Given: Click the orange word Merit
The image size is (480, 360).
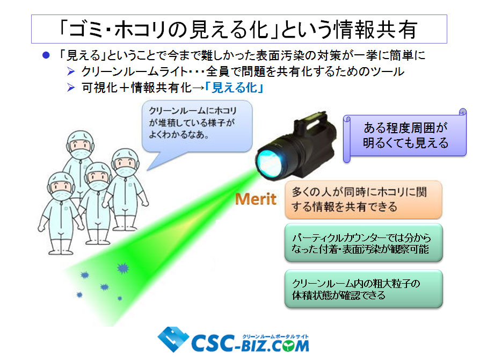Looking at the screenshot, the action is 256,199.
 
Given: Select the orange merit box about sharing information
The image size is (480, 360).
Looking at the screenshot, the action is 363,200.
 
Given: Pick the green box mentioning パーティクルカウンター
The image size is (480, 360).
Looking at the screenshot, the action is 363,243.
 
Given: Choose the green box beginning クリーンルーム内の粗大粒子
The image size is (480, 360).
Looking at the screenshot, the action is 363,289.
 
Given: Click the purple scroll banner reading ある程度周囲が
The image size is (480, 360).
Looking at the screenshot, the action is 405,135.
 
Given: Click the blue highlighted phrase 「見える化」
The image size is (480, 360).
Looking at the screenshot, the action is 234,88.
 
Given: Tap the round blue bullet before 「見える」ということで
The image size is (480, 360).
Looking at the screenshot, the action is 46,55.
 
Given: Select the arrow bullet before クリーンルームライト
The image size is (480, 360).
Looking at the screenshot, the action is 71,71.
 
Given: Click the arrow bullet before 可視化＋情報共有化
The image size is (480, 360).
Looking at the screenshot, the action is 71,88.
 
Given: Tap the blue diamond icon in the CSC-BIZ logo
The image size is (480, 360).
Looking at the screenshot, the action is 173,339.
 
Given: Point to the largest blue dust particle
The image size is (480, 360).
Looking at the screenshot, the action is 123,268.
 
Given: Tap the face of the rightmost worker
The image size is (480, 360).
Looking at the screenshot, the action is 126,164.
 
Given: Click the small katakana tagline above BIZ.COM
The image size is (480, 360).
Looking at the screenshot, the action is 275,336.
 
